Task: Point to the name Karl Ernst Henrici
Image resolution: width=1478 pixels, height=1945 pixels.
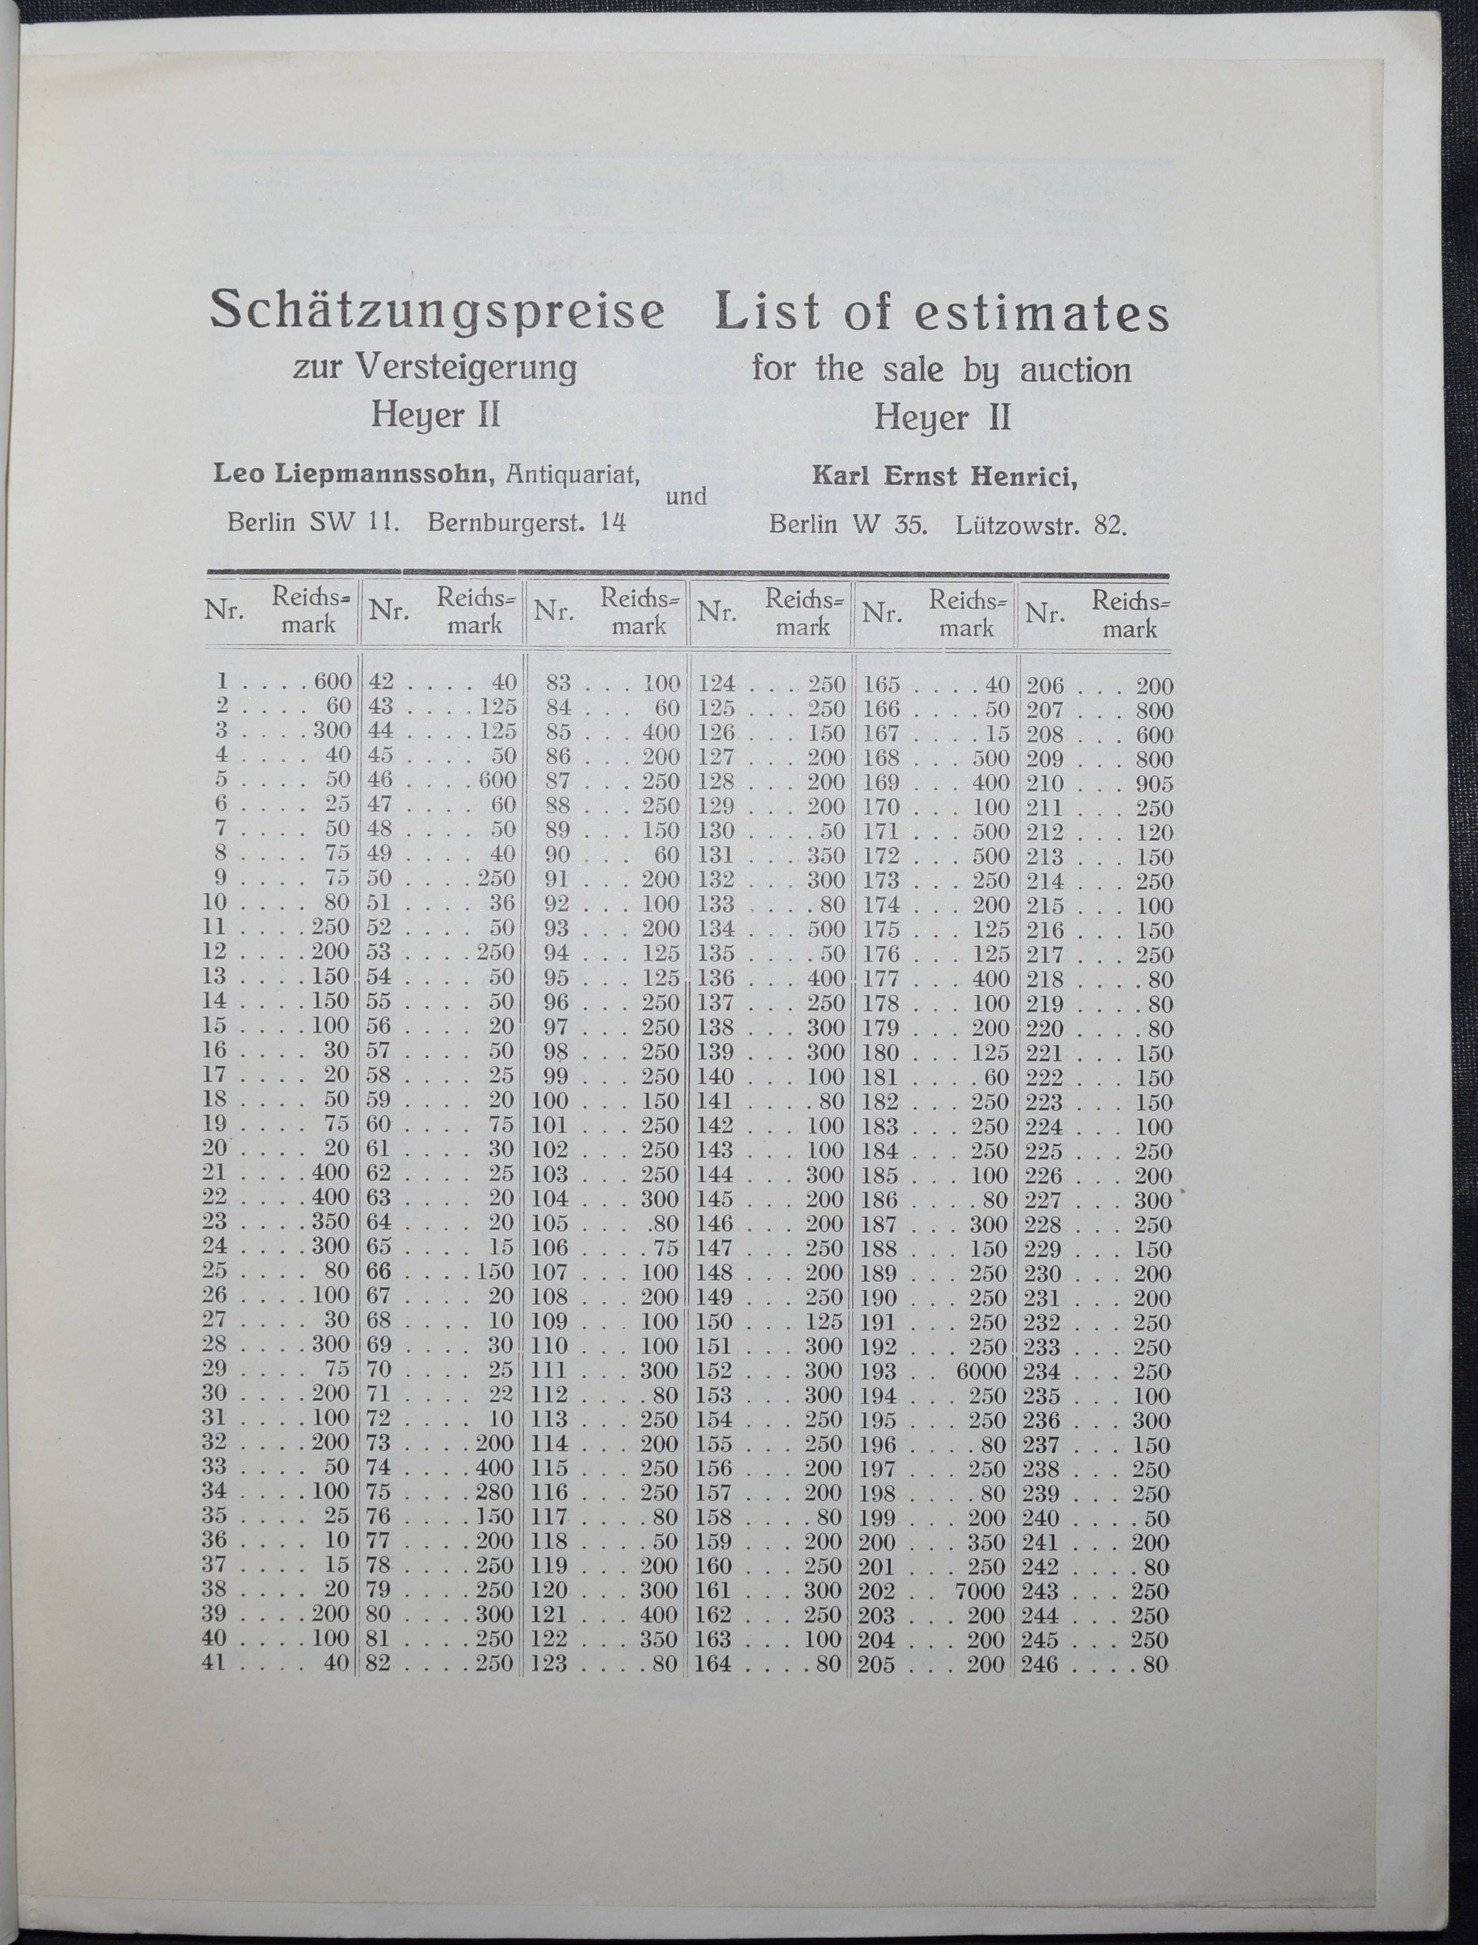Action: (x=944, y=477)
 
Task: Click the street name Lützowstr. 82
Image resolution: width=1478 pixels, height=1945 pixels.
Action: (x=1041, y=525)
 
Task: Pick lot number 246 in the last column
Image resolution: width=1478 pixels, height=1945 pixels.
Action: (x=1044, y=1664)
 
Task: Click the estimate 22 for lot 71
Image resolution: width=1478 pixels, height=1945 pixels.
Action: (x=503, y=1394)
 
